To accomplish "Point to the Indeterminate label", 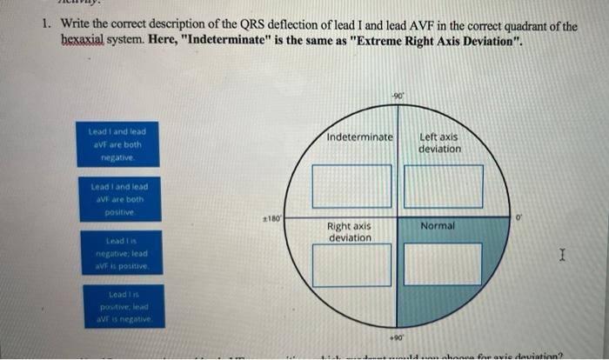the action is click(360, 137).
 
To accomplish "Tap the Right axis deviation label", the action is click(351, 232).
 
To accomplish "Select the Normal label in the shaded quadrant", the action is click(438, 226).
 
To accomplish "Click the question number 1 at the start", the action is click(45, 25).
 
